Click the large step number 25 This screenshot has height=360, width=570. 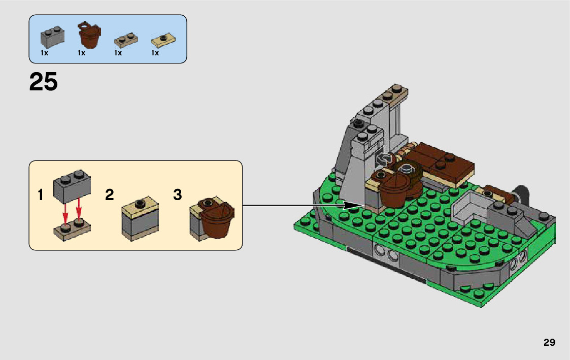tap(44, 82)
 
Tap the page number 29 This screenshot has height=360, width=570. tap(549, 342)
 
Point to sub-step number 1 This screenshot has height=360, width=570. tap(41, 195)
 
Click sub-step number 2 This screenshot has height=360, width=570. tap(109, 195)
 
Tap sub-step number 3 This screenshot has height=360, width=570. tap(177, 195)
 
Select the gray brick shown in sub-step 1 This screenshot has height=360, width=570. tap(72, 183)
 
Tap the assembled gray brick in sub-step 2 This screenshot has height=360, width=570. tap(141, 218)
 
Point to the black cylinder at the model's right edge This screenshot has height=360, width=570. tap(520, 193)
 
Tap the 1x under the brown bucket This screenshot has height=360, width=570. tap(81, 53)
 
